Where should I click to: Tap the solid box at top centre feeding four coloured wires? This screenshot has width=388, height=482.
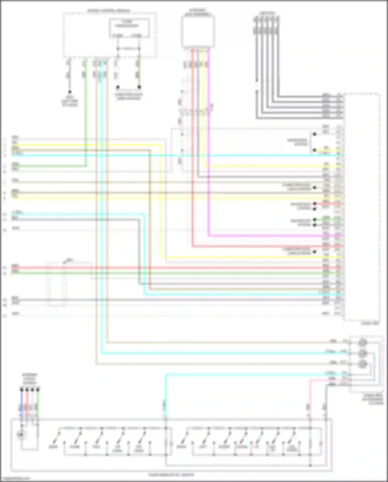point(198,32)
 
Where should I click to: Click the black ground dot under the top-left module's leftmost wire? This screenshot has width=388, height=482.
point(69,92)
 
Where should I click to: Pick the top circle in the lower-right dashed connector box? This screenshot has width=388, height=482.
point(362,343)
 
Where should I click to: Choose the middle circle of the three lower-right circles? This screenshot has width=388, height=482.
point(362,353)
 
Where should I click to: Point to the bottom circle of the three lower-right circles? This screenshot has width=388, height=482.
point(362,364)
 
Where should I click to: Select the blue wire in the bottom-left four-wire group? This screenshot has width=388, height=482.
point(21,404)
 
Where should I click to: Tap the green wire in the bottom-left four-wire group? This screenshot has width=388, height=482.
point(38,404)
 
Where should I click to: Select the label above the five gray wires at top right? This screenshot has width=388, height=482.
point(267,13)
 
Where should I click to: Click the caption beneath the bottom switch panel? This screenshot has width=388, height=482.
point(171,475)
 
